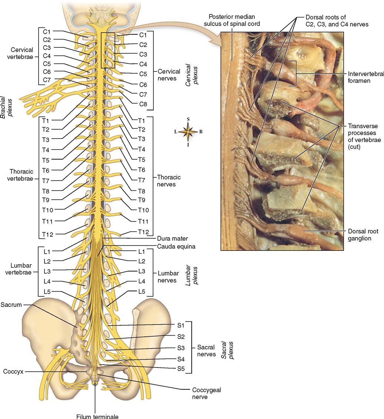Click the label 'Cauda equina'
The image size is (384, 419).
176,246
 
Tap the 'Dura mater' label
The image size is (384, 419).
172,239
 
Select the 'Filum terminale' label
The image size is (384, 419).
97,416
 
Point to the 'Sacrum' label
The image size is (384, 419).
11,305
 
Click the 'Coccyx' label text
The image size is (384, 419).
13,371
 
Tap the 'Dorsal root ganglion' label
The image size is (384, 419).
363,235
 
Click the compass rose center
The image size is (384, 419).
188,132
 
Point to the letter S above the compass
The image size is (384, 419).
188,119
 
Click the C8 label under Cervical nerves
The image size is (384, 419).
143,104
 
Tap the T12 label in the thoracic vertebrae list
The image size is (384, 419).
47,235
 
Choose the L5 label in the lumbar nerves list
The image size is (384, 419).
142,292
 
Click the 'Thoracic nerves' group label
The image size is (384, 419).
169,180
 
